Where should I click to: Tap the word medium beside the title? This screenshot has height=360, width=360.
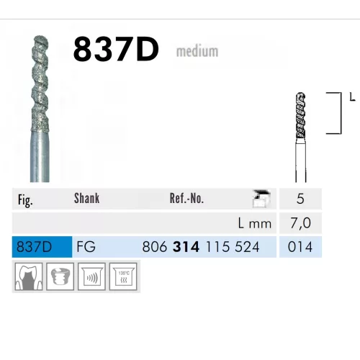197,52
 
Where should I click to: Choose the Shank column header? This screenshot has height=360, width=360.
86,199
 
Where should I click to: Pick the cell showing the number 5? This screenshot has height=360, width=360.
300,199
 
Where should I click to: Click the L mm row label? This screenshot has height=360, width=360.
256,223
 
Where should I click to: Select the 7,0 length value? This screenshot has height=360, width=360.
300,223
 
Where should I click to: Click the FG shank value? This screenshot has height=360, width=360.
84,247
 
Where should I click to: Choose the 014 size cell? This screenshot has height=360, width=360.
300,247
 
